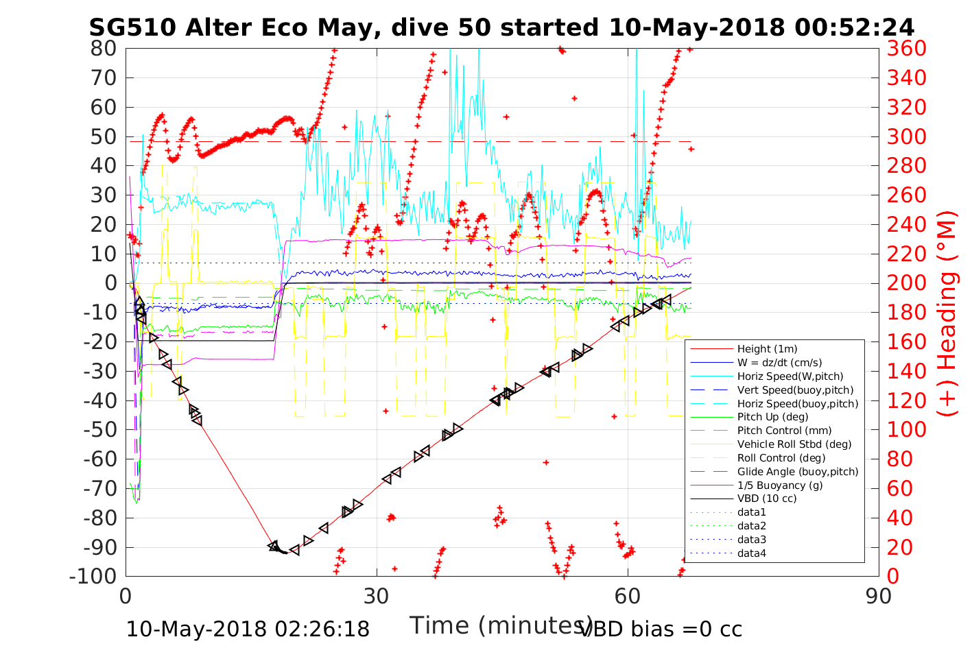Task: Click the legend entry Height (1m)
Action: point(767,349)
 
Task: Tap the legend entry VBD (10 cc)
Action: point(767,499)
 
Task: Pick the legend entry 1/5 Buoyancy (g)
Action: point(779,485)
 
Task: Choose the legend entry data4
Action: point(751,553)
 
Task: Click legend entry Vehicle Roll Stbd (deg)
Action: point(794,444)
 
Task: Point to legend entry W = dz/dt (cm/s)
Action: point(779,363)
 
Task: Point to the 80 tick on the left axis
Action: point(104,49)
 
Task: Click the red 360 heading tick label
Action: point(906,49)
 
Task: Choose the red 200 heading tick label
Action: point(906,283)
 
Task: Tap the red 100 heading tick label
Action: point(906,430)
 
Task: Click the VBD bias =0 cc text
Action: point(661,629)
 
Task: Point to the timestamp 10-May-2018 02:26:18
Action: point(248,629)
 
